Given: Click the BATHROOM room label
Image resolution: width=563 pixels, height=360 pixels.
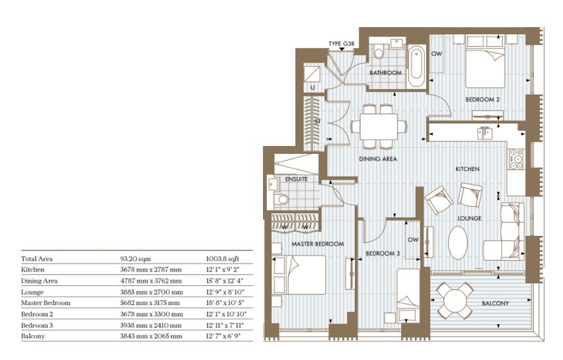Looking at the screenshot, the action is tap(385, 73).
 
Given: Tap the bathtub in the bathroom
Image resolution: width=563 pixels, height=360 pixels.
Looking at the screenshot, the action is tap(416, 65).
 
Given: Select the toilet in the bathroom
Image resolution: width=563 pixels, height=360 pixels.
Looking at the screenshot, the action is tap(379, 52).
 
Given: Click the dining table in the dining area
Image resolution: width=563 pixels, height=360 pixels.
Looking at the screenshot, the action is tap(379, 126).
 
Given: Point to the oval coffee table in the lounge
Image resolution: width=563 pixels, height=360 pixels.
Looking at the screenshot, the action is tap(458, 243).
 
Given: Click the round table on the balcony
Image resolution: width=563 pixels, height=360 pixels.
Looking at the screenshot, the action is tap(455, 301).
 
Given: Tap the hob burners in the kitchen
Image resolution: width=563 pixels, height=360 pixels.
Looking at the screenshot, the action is tap(516, 159).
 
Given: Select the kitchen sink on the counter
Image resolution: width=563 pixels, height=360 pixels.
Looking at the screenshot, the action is tap(485, 133).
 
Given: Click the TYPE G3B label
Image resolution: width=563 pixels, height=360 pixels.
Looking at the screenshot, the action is tap(341, 44).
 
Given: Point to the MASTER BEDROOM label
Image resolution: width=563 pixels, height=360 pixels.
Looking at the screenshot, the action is tap(317, 244).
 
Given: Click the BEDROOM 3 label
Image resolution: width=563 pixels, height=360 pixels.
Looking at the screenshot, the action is tap(383, 254).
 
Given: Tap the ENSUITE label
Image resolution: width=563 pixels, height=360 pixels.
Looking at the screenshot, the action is tap(296, 179).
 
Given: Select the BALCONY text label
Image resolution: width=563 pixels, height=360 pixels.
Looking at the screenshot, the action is tap(495, 303).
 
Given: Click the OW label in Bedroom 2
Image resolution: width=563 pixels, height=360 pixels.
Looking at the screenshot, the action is tap(437, 54).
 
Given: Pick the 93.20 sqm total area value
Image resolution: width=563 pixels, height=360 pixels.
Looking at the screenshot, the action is tap(135, 258).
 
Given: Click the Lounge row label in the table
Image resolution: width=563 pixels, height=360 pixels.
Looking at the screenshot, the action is tap(32, 292).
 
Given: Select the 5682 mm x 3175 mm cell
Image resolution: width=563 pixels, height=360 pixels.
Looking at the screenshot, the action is tap(150, 303).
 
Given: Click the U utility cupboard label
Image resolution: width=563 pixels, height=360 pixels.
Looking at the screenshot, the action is tap(313, 88).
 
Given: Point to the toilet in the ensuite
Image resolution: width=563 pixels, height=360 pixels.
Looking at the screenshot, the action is tap(281, 199).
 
